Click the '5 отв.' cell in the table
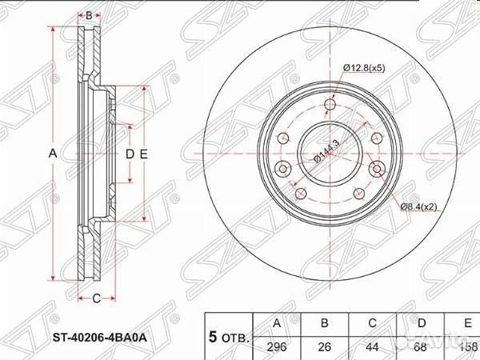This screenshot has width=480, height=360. click(228, 336)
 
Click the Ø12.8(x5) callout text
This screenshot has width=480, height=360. click(365, 68)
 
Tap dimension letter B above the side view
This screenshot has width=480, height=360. click(90, 15)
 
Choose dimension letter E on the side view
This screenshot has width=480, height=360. click(144, 152)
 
